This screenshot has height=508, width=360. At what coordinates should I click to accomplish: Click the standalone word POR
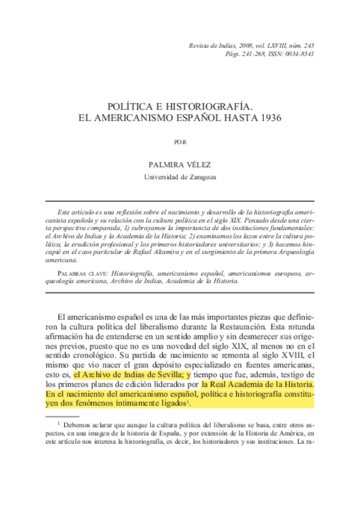pyautogui.click(x=180, y=142)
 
